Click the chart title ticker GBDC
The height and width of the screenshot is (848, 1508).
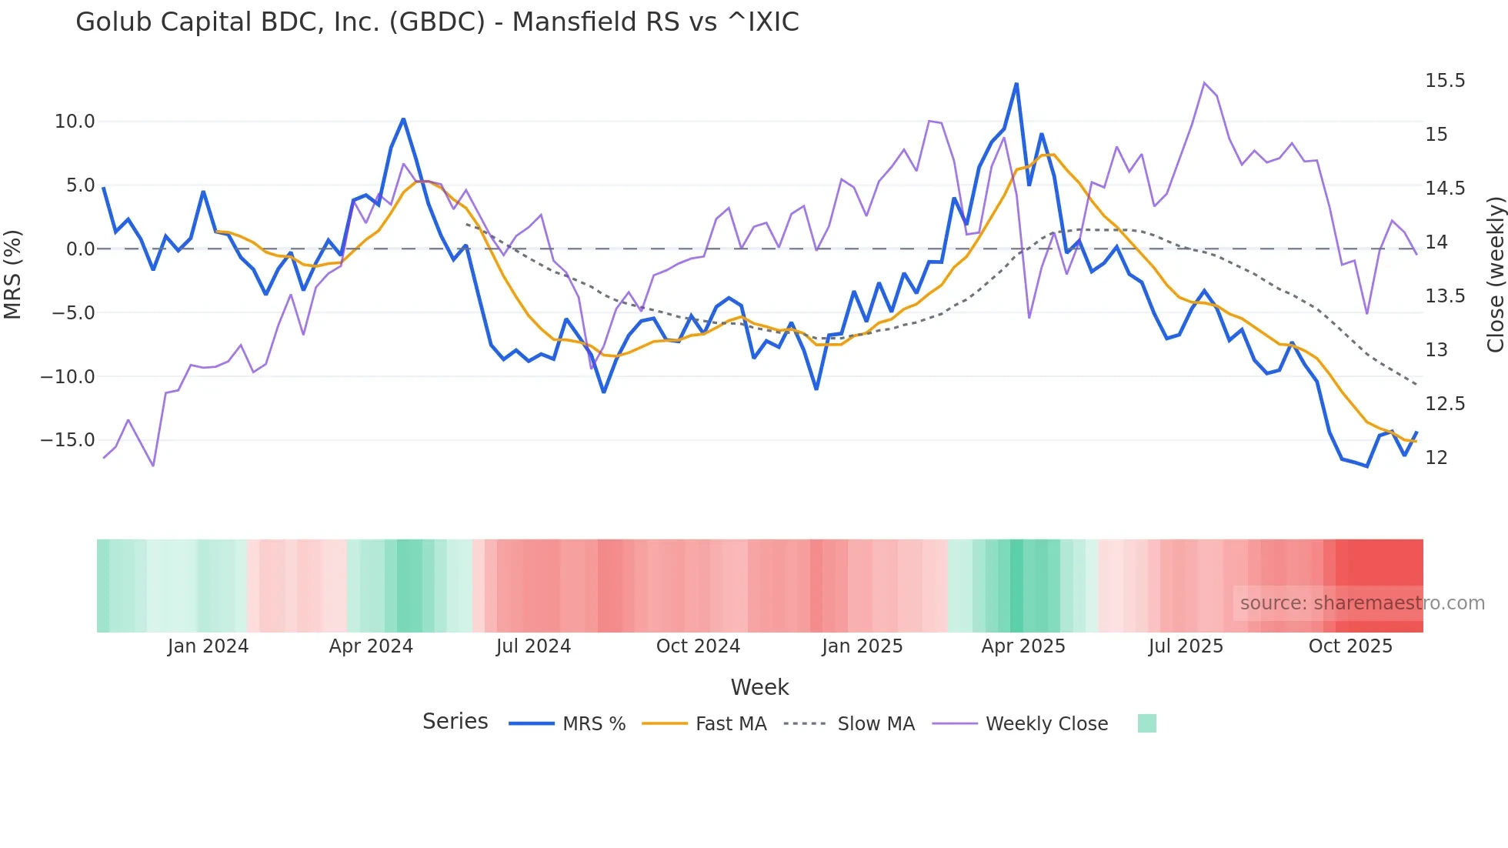437,22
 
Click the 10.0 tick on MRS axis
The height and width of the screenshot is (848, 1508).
75,122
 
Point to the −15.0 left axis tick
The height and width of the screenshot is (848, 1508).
68,440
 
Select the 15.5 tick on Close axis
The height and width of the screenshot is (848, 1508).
1444,81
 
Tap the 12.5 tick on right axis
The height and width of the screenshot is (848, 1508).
1444,404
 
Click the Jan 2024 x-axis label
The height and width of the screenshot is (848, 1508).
208,646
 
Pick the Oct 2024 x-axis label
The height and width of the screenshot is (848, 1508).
698,646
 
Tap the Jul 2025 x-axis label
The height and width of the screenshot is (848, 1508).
1186,646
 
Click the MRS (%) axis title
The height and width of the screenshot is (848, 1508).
13,275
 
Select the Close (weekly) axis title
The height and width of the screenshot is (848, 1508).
1495,275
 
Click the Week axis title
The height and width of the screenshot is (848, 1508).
759,687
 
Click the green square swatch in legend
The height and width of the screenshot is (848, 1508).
1146,723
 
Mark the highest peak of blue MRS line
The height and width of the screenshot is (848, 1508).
1016,84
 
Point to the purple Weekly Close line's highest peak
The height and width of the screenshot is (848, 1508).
1204,82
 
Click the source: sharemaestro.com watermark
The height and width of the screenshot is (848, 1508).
1362,603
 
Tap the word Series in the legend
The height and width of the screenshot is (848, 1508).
455,722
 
